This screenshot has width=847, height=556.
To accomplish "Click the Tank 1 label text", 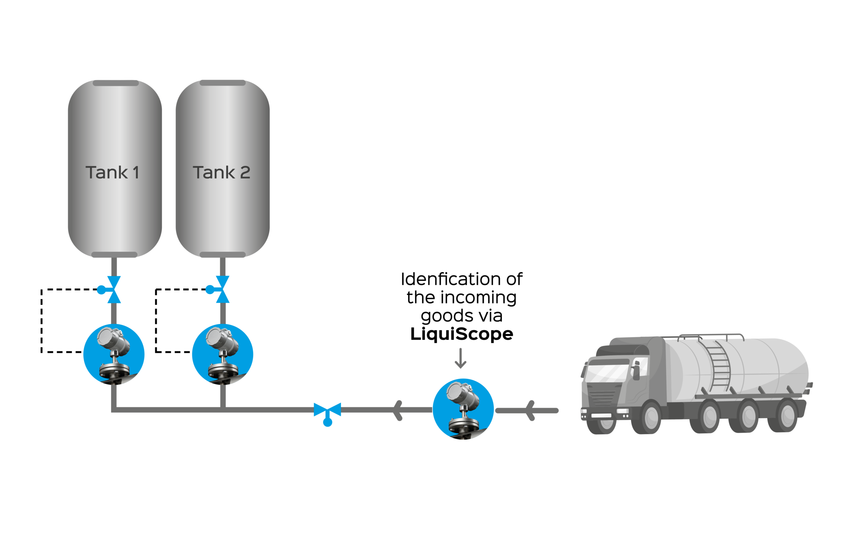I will click(x=112, y=173).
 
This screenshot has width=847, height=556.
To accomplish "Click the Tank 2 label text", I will click(x=221, y=173).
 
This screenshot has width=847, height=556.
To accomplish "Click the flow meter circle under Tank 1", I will click(x=114, y=354).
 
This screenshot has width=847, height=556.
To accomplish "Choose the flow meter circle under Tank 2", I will click(x=222, y=354).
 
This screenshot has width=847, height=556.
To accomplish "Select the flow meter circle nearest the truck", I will click(x=463, y=409).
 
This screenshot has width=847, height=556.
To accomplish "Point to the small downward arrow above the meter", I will click(x=461, y=358).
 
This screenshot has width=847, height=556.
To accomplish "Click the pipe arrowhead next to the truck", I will click(x=530, y=410).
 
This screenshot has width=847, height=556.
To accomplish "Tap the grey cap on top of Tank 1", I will click(x=116, y=83).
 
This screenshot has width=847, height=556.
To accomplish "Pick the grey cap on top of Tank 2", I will click(x=222, y=83).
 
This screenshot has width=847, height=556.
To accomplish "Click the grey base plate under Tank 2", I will click(x=222, y=255).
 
